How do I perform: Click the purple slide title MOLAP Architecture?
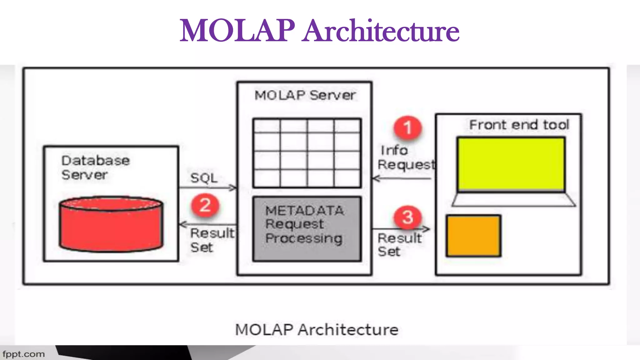[x=319, y=31]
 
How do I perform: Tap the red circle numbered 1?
[x=407, y=128]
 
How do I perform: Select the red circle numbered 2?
[x=205, y=205]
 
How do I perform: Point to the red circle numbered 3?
[x=408, y=217]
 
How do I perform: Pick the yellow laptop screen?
[x=511, y=164]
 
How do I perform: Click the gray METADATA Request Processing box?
[x=307, y=228]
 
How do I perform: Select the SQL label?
[x=204, y=178]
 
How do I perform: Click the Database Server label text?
[x=95, y=167]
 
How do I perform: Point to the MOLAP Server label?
[x=305, y=95]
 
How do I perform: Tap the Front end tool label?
[x=519, y=125]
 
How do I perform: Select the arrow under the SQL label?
[x=208, y=188]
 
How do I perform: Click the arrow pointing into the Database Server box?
[x=208, y=224]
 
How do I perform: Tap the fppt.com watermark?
[x=24, y=354]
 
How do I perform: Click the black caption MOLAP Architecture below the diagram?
[x=317, y=330]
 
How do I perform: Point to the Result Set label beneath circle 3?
[x=399, y=245]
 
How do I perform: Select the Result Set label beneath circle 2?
[x=212, y=240]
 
